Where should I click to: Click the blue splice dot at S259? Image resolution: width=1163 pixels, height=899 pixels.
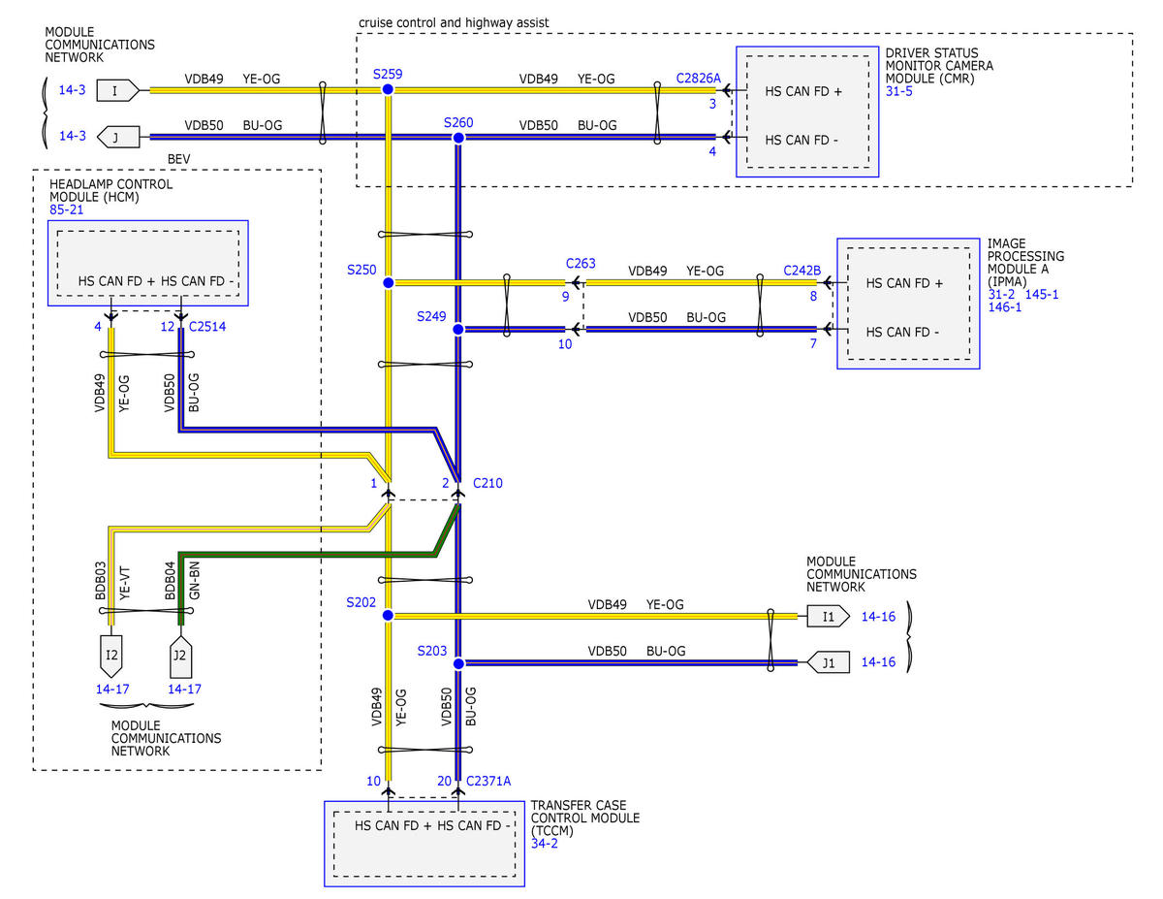coord(388,89)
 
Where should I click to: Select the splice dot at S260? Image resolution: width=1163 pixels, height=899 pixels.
coord(458,138)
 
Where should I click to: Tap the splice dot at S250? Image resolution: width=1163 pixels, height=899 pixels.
coord(389,283)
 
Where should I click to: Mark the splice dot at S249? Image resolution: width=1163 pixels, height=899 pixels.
coord(458,330)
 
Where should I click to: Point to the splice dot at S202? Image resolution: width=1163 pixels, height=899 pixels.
coord(388,616)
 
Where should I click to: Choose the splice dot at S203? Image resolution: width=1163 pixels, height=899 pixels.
coord(458,664)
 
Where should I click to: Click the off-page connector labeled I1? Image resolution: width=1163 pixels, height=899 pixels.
coord(828,616)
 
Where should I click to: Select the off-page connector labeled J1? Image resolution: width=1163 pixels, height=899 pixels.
coord(828,663)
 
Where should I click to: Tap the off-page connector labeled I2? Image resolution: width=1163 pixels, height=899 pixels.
coord(111,656)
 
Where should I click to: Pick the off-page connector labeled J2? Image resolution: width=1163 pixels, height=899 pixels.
coord(181,657)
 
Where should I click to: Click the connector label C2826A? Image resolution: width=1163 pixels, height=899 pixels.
coord(699,79)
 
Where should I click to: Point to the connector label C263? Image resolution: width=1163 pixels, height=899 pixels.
coord(581,264)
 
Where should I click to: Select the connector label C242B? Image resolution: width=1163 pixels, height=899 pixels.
coord(802,271)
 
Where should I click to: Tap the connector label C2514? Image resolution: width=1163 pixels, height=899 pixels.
coord(207,327)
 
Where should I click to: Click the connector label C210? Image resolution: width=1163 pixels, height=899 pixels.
coord(487,483)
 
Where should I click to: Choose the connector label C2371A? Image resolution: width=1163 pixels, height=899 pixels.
coord(488,782)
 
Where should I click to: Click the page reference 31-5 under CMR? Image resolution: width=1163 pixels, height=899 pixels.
coord(898,91)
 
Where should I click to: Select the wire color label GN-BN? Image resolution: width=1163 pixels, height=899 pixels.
coord(194,580)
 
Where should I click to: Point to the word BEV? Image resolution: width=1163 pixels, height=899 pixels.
coord(178,159)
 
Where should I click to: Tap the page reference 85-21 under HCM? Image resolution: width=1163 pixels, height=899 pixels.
coord(66,209)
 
